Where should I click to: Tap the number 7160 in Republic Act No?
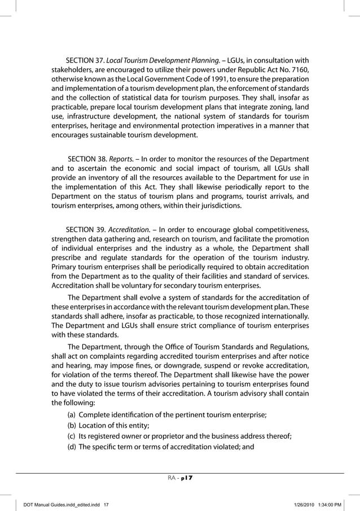[x=299, y=70]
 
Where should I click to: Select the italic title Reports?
[x=121, y=158]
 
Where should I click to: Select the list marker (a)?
[x=72, y=415]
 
